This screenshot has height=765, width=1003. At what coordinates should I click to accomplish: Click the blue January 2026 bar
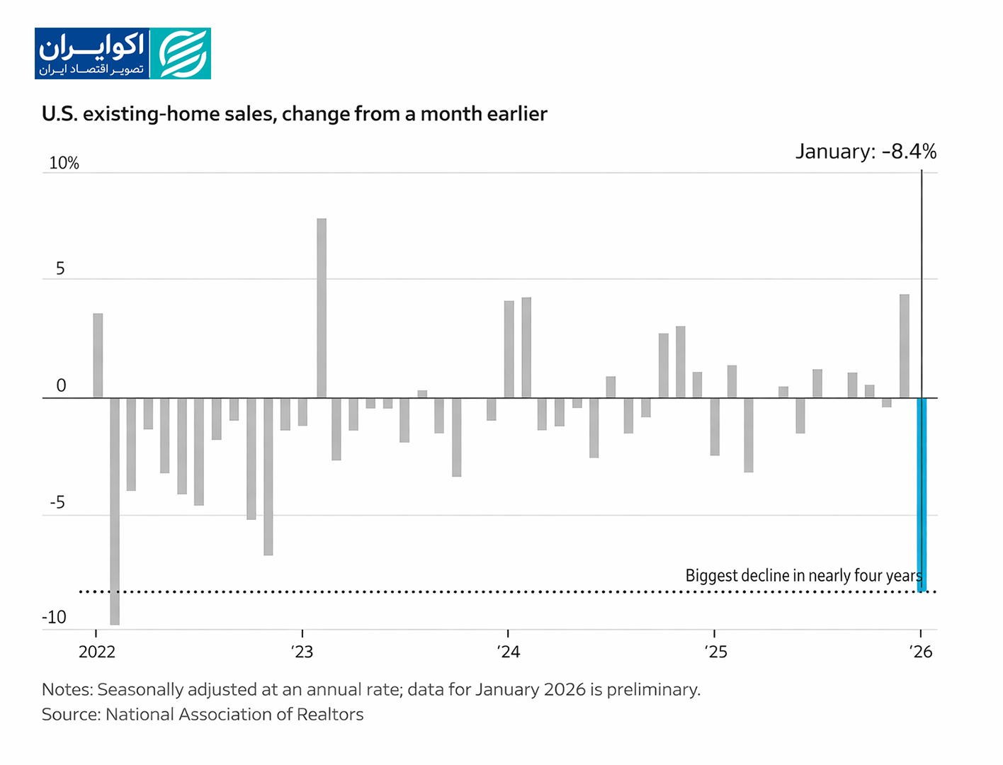[x=922, y=494]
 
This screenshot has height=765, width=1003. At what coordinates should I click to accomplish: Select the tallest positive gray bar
[x=322, y=308]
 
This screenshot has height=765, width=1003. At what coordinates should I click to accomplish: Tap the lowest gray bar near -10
[x=115, y=511]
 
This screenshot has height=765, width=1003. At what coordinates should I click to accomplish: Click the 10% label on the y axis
[x=64, y=163]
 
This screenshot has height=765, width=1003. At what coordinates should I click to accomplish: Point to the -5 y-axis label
[x=57, y=502]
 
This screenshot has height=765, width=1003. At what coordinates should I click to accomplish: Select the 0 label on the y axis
[x=61, y=385]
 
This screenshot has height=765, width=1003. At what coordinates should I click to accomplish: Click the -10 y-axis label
[x=55, y=617]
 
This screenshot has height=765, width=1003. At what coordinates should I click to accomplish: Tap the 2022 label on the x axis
[x=97, y=652]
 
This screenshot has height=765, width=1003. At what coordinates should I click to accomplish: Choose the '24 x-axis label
[x=509, y=652]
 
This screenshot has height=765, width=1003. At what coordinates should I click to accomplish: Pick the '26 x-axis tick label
[x=921, y=652]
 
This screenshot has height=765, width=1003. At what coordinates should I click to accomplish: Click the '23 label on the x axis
[x=302, y=652]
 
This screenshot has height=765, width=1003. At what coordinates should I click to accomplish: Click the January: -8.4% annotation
[x=866, y=152]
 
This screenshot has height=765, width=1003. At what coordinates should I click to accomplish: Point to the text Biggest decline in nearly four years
[x=803, y=575]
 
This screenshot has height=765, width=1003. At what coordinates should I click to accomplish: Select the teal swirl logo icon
[x=181, y=54]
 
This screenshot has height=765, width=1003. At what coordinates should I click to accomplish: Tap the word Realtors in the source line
[x=330, y=714]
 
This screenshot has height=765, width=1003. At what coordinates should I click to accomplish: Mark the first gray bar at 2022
[x=98, y=356]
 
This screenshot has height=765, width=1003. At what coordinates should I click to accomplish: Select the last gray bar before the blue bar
[x=905, y=346]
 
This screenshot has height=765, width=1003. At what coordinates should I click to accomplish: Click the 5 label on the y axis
[x=60, y=268]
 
